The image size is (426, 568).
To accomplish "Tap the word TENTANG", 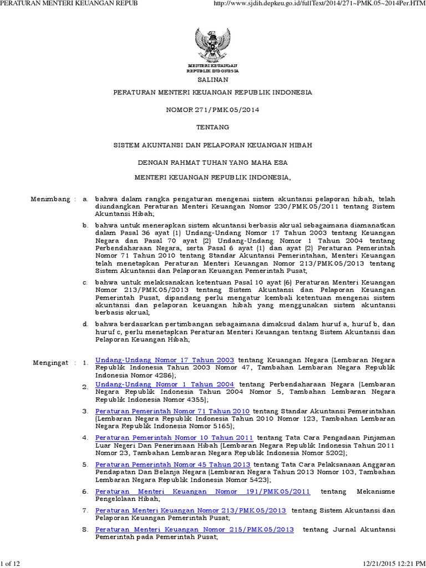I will (x=212, y=127).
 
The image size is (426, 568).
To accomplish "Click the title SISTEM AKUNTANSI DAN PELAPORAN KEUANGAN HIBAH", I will (x=212, y=145).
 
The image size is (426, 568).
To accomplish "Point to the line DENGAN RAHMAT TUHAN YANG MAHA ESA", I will (x=212, y=163).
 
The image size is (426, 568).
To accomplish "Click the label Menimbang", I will (x=50, y=199).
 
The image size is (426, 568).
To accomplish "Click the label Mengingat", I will (x=50, y=362).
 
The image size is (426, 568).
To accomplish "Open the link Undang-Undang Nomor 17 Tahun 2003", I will (x=165, y=359).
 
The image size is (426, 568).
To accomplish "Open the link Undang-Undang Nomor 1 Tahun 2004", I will (x=165, y=384).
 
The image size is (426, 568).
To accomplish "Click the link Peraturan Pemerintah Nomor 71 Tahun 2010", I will (x=173, y=411).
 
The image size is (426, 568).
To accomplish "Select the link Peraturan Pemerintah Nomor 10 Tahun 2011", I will (x=174, y=437).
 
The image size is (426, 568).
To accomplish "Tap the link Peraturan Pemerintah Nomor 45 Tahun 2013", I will (x=173, y=464).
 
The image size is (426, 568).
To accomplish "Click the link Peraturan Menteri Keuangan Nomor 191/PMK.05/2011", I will (x=203, y=491).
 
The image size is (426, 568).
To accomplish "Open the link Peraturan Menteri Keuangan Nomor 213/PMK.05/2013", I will (x=191, y=510).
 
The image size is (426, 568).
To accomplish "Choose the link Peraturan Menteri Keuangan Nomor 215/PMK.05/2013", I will (x=195, y=529).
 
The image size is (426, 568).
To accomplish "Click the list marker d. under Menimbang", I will (x=85, y=323).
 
